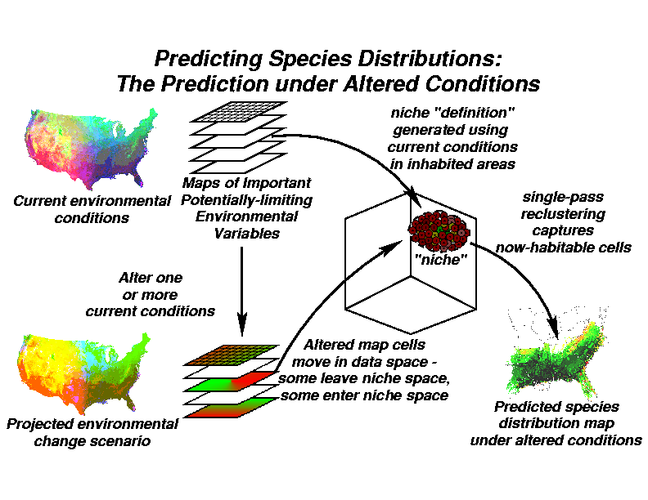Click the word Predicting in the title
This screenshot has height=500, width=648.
pos(209,60)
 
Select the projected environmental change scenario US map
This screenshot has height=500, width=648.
pos(83,373)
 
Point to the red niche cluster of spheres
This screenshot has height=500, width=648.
pos(439,231)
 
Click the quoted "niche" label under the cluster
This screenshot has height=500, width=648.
pos(440,260)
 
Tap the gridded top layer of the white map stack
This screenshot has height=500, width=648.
pos(238,111)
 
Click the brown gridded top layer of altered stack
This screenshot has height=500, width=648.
pos(232,355)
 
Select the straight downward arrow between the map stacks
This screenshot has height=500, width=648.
pos(241,291)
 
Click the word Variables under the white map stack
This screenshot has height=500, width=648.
pos(247,234)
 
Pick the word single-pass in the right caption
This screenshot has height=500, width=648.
pos(563,197)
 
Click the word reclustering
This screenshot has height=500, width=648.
pos(563,214)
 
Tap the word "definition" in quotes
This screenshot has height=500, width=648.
pos(475,113)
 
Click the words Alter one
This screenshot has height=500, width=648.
pos(151,278)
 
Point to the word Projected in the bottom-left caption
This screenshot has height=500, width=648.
pos(40,424)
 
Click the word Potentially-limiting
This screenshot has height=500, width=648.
pos(247,200)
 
